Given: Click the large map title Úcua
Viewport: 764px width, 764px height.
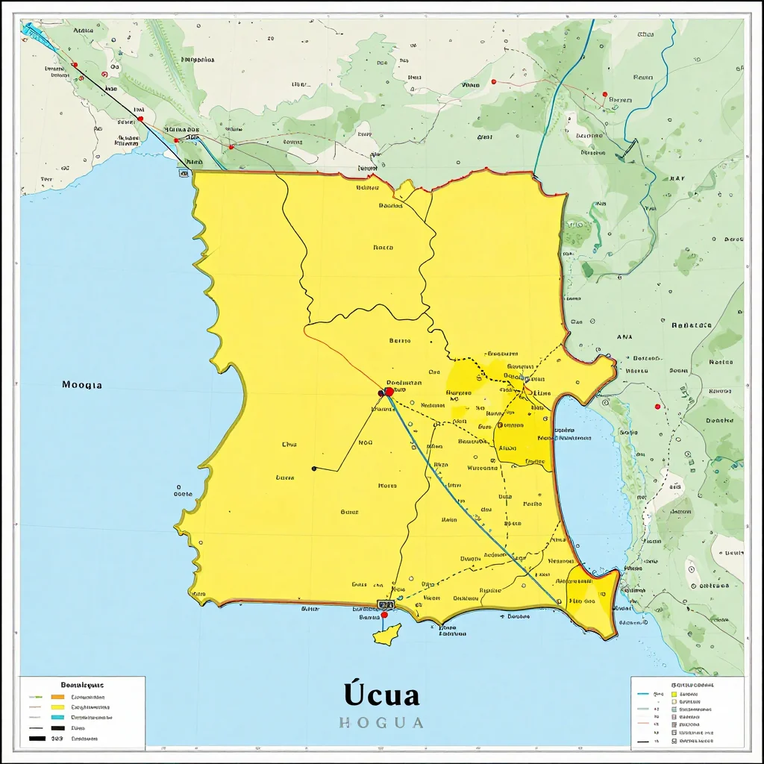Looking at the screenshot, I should point(382,695).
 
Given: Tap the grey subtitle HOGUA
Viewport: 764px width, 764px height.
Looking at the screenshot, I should point(381,722).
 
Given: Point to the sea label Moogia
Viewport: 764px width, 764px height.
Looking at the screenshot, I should point(82,385).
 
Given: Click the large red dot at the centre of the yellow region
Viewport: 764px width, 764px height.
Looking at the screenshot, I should point(389,392).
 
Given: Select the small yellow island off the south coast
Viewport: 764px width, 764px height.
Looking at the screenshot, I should point(386,634).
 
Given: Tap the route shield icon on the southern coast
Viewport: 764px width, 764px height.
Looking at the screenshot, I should point(385,604).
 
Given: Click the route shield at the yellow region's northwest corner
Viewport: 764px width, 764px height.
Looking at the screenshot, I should point(184,173).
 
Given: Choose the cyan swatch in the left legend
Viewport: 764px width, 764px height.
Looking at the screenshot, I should point(57,717).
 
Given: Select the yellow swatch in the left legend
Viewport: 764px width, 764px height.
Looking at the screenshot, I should point(57,707).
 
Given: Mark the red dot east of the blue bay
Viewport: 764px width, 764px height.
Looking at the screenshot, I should point(657,407).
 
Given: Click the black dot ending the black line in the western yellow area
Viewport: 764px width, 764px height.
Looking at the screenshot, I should point(314,469).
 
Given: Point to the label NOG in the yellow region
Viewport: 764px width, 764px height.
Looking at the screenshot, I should point(366,442).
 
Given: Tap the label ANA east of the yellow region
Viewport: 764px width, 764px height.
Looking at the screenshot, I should point(624,337).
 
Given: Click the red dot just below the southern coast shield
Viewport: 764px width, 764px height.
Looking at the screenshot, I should point(384,616).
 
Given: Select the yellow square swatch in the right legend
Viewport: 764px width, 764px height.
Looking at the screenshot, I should point(674,694).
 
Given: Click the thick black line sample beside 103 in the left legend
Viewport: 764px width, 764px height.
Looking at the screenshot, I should point(37,739).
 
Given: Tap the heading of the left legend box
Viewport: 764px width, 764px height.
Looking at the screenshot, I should point(82,684).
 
